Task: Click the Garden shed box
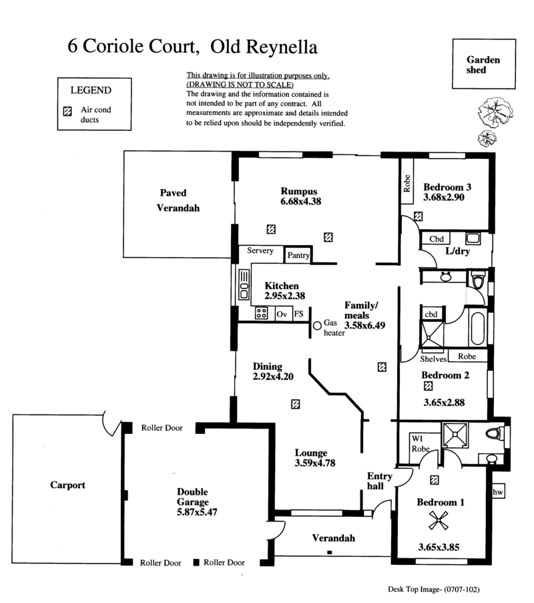[484, 64]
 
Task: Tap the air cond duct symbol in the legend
[67, 112]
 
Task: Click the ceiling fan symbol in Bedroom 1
[439, 521]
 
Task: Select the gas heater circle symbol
[317, 326]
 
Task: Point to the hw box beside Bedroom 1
[498, 492]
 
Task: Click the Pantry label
[299, 255]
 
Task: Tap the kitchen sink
[244, 284]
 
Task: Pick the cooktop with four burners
[262, 313]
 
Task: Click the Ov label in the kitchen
[282, 315]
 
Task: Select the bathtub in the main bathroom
[478, 328]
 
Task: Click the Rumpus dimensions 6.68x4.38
[300, 201]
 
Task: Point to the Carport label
[67, 485]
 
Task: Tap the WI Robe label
[421, 444]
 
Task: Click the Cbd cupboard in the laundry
[437, 239]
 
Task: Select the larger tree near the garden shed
[495, 112]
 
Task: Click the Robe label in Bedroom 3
[407, 184]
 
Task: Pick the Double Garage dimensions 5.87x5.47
[197, 512]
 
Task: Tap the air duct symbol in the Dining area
[295, 404]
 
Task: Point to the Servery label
[260, 250]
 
